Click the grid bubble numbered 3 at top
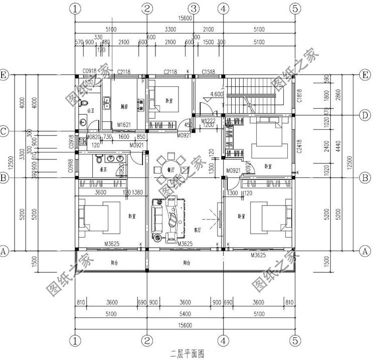point(195,9)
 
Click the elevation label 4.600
point(217,94)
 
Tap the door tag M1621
point(124,124)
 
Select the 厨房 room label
point(125,106)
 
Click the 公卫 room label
point(91,109)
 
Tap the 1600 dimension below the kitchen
point(123,137)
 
